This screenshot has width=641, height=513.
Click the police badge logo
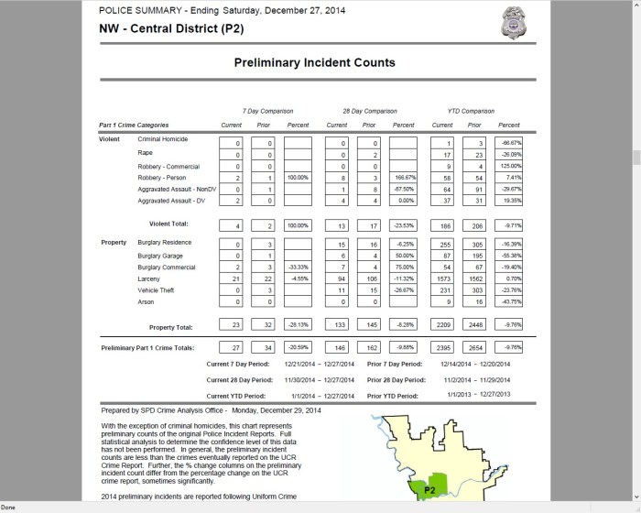tap(516, 22)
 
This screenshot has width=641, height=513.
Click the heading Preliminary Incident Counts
tap(315, 63)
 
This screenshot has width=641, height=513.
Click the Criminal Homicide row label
tap(163, 138)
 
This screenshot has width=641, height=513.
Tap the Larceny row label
tap(149, 278)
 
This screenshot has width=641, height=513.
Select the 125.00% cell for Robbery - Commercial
tap(509, 167)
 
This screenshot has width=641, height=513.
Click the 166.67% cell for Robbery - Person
tap(403, 180)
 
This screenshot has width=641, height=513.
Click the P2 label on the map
tap(423, 490)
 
